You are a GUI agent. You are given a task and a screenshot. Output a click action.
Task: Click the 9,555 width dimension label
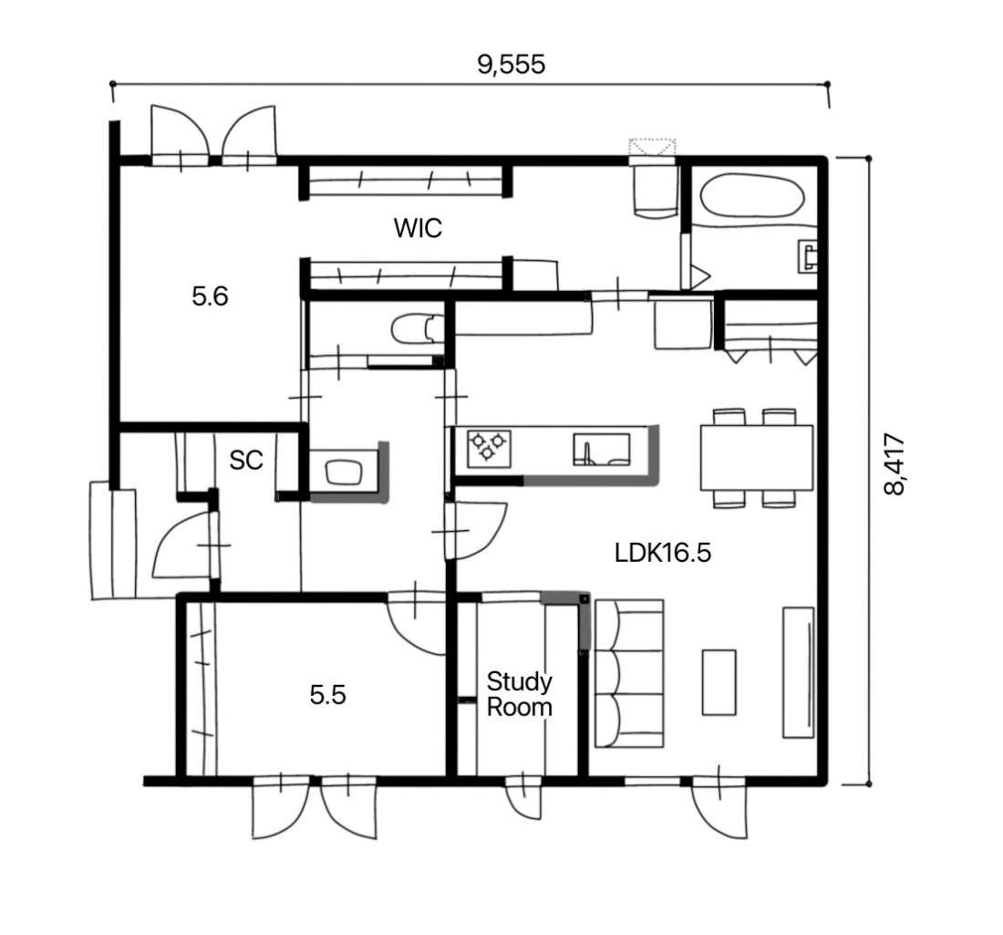[x=512, y=64]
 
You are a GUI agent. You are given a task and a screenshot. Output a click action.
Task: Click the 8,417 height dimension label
[x=894, y=464]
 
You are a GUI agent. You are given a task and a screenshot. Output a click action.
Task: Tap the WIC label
[x=418, y=228]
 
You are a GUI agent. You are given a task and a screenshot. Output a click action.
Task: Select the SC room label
[x=246, y=460]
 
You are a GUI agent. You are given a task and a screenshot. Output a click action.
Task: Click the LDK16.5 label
[x=663, y=552]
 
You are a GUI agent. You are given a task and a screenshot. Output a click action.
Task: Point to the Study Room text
[x=520, y=694]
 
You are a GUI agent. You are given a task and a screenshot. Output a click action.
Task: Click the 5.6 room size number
[x=210, y=296]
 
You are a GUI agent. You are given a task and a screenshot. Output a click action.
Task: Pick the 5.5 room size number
[x=327, y=694]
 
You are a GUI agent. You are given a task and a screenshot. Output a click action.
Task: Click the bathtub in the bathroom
[x=751, y=195]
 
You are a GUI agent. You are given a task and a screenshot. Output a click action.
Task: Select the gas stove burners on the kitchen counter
[x=489, y=447]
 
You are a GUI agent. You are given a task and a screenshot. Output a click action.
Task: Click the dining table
[x=757, y=458]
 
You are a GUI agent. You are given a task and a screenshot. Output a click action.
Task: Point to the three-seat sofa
[x=629, y=673]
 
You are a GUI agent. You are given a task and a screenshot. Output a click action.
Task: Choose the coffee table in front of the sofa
[x=719, y=682]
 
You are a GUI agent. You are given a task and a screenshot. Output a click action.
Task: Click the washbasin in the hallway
[x=344, y=473]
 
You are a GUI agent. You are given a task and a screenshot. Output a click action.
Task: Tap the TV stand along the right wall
[x=799, y=672]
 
